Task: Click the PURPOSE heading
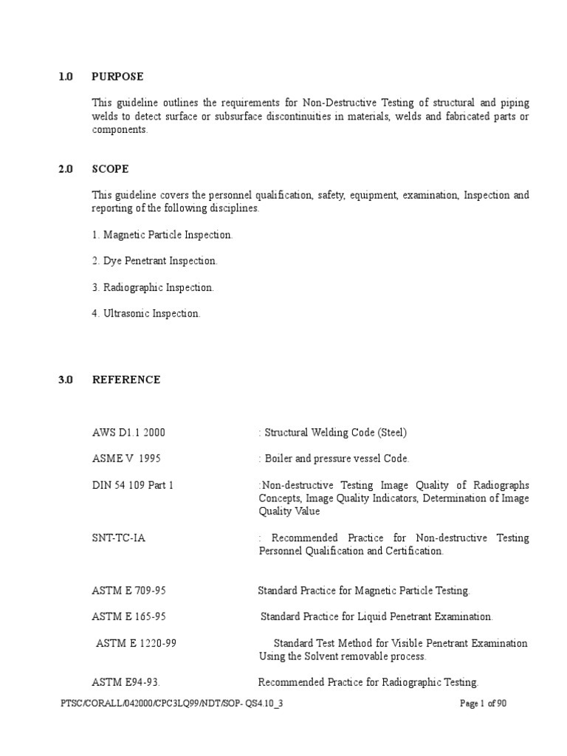click(117, 76)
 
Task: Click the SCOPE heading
click(110, 168)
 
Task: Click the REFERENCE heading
click(126, 379)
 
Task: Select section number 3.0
click(66, 379)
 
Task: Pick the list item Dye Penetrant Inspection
click(155, 261)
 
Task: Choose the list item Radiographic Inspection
click(153, 287)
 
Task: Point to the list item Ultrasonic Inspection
click(146, 314)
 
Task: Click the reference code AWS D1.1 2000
click(134, 432)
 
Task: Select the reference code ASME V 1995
click(126, 458)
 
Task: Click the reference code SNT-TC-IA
click(118, 537)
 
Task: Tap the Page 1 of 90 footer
click(483, 704)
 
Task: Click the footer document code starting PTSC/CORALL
click(171, 704)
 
